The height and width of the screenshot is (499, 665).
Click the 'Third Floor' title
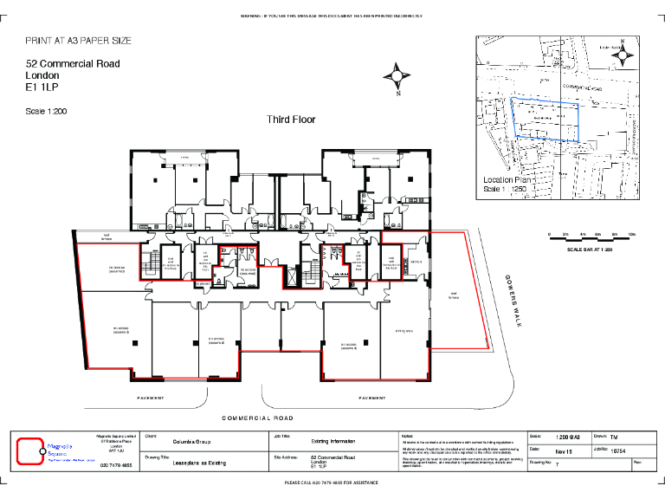(291, 120)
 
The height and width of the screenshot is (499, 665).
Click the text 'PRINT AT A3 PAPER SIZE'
(79, 41)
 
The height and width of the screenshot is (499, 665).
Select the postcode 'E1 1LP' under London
(42, 87)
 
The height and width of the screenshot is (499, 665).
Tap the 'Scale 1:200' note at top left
(46, 111)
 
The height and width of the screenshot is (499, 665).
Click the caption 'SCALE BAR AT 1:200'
(590, 249)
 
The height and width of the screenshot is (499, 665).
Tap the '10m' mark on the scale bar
(631, 234)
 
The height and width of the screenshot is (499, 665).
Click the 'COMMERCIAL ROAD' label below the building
(260, 418)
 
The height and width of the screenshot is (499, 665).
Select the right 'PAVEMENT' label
(373, 398)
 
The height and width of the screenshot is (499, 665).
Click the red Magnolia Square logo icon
(30, 450)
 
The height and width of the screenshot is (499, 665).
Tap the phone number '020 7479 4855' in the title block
(116, 466)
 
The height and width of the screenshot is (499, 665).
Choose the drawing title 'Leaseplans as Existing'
(198, 463)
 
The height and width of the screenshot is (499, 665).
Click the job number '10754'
(617, 451)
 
